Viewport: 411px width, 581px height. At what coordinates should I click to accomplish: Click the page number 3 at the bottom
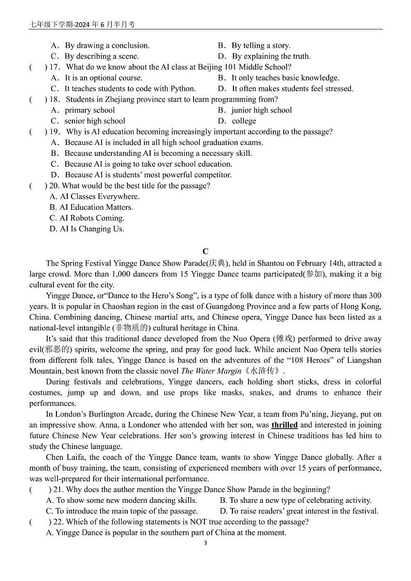click(205, 543)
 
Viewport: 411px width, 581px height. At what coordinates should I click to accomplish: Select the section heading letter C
click(205, 252)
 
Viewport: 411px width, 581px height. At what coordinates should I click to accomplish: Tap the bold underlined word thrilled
click(284, 425)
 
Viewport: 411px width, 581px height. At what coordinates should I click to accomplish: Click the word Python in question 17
click(183, 89)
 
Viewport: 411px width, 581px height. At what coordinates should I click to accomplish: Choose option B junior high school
click(261, 110)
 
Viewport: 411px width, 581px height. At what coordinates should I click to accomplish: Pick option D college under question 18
click(243, 121)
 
